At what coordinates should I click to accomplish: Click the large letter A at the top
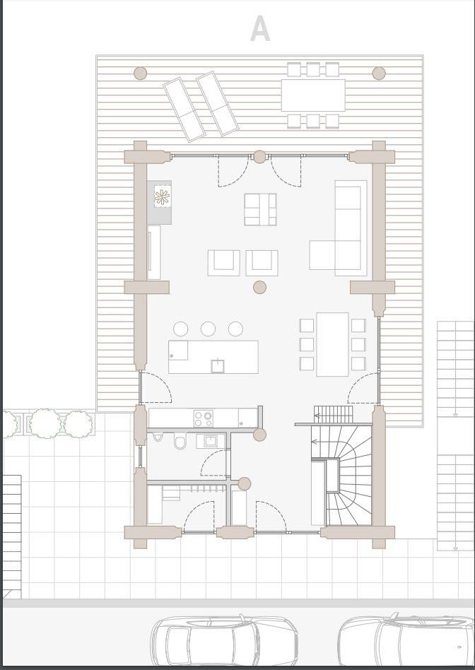pos(260,29)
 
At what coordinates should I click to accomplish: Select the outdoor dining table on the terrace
pos(313,95)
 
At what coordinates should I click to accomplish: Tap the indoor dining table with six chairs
pos(332,344)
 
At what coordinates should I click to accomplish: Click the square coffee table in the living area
pos(260,209)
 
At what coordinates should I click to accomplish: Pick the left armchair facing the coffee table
pos(223,263)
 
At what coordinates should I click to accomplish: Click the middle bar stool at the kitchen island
pos(209,329)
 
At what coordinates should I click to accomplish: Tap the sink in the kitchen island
pos(218,366)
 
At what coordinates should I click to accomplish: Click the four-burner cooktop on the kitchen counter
pos(203,418)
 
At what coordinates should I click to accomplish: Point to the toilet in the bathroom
pos(180,441)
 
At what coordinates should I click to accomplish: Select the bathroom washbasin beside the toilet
pos(211,441)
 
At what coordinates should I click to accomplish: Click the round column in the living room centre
pos(259,287)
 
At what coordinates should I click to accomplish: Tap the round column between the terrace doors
pos(259,157)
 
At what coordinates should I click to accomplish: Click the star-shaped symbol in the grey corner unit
pos(162,197)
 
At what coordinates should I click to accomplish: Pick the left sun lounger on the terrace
pos(184,110)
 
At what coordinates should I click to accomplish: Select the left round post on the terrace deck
pos(140,73)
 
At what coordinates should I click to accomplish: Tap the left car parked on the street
pos(224,641)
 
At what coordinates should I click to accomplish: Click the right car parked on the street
pos(406,641)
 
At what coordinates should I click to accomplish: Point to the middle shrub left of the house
pos(45,423)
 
